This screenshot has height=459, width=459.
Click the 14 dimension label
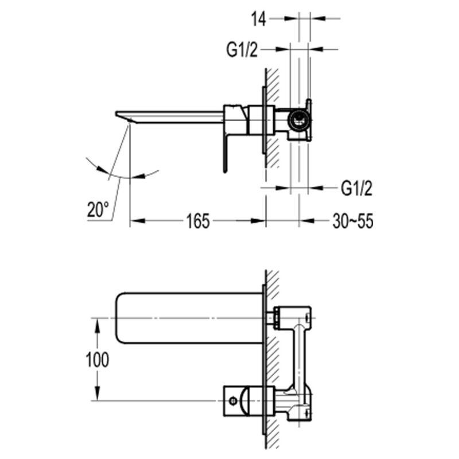tap(259, 20)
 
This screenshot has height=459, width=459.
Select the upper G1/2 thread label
tap(242, 50)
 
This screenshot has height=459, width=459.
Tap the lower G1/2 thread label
tap(356, 188)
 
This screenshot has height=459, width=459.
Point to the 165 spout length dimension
tap(198, 221)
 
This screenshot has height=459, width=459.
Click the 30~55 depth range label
tap(353, 221)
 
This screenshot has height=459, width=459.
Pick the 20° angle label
tap(98, 209)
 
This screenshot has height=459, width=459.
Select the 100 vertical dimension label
tap(98, 360)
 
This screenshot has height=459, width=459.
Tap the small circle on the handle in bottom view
tap(233, 400)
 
